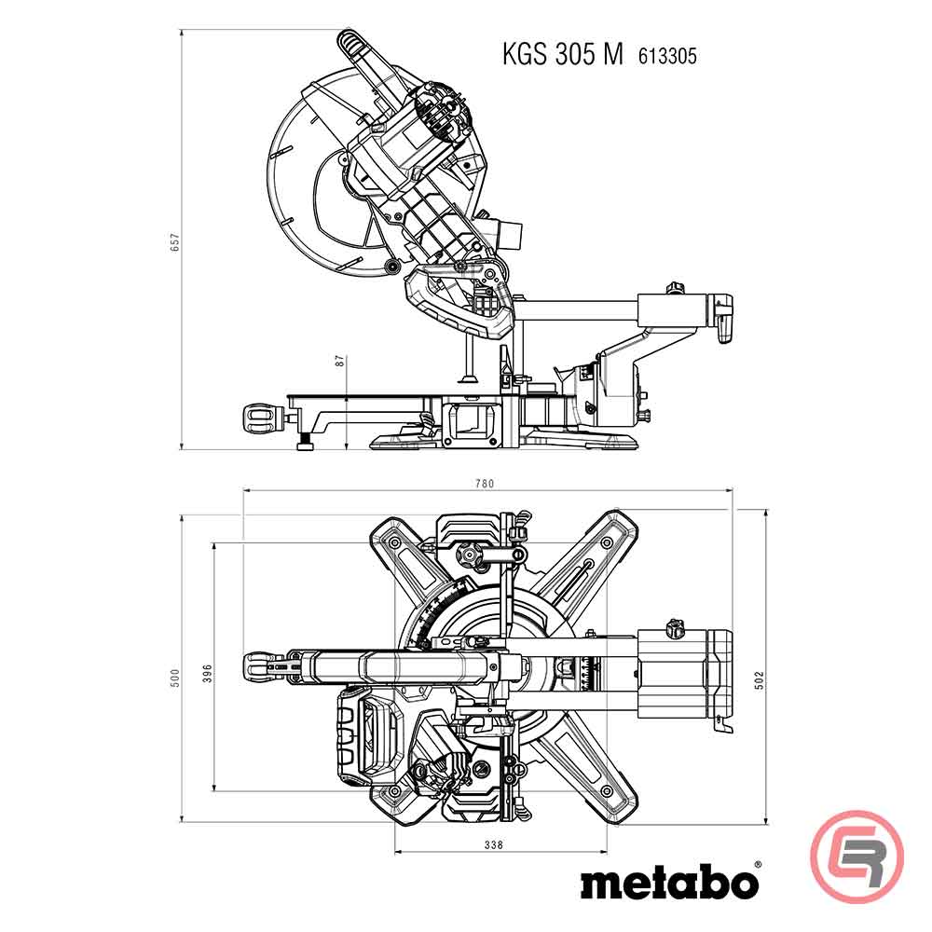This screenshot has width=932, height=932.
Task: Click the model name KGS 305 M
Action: click(562, 55)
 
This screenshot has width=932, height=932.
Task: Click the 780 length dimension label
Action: click(485, 483)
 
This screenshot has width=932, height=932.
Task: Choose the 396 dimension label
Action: click(207, 672)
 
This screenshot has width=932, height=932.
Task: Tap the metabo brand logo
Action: click(665, 882)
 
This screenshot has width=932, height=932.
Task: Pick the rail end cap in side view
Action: click(723, 317)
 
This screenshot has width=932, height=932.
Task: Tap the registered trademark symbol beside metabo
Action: click(756, 866)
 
